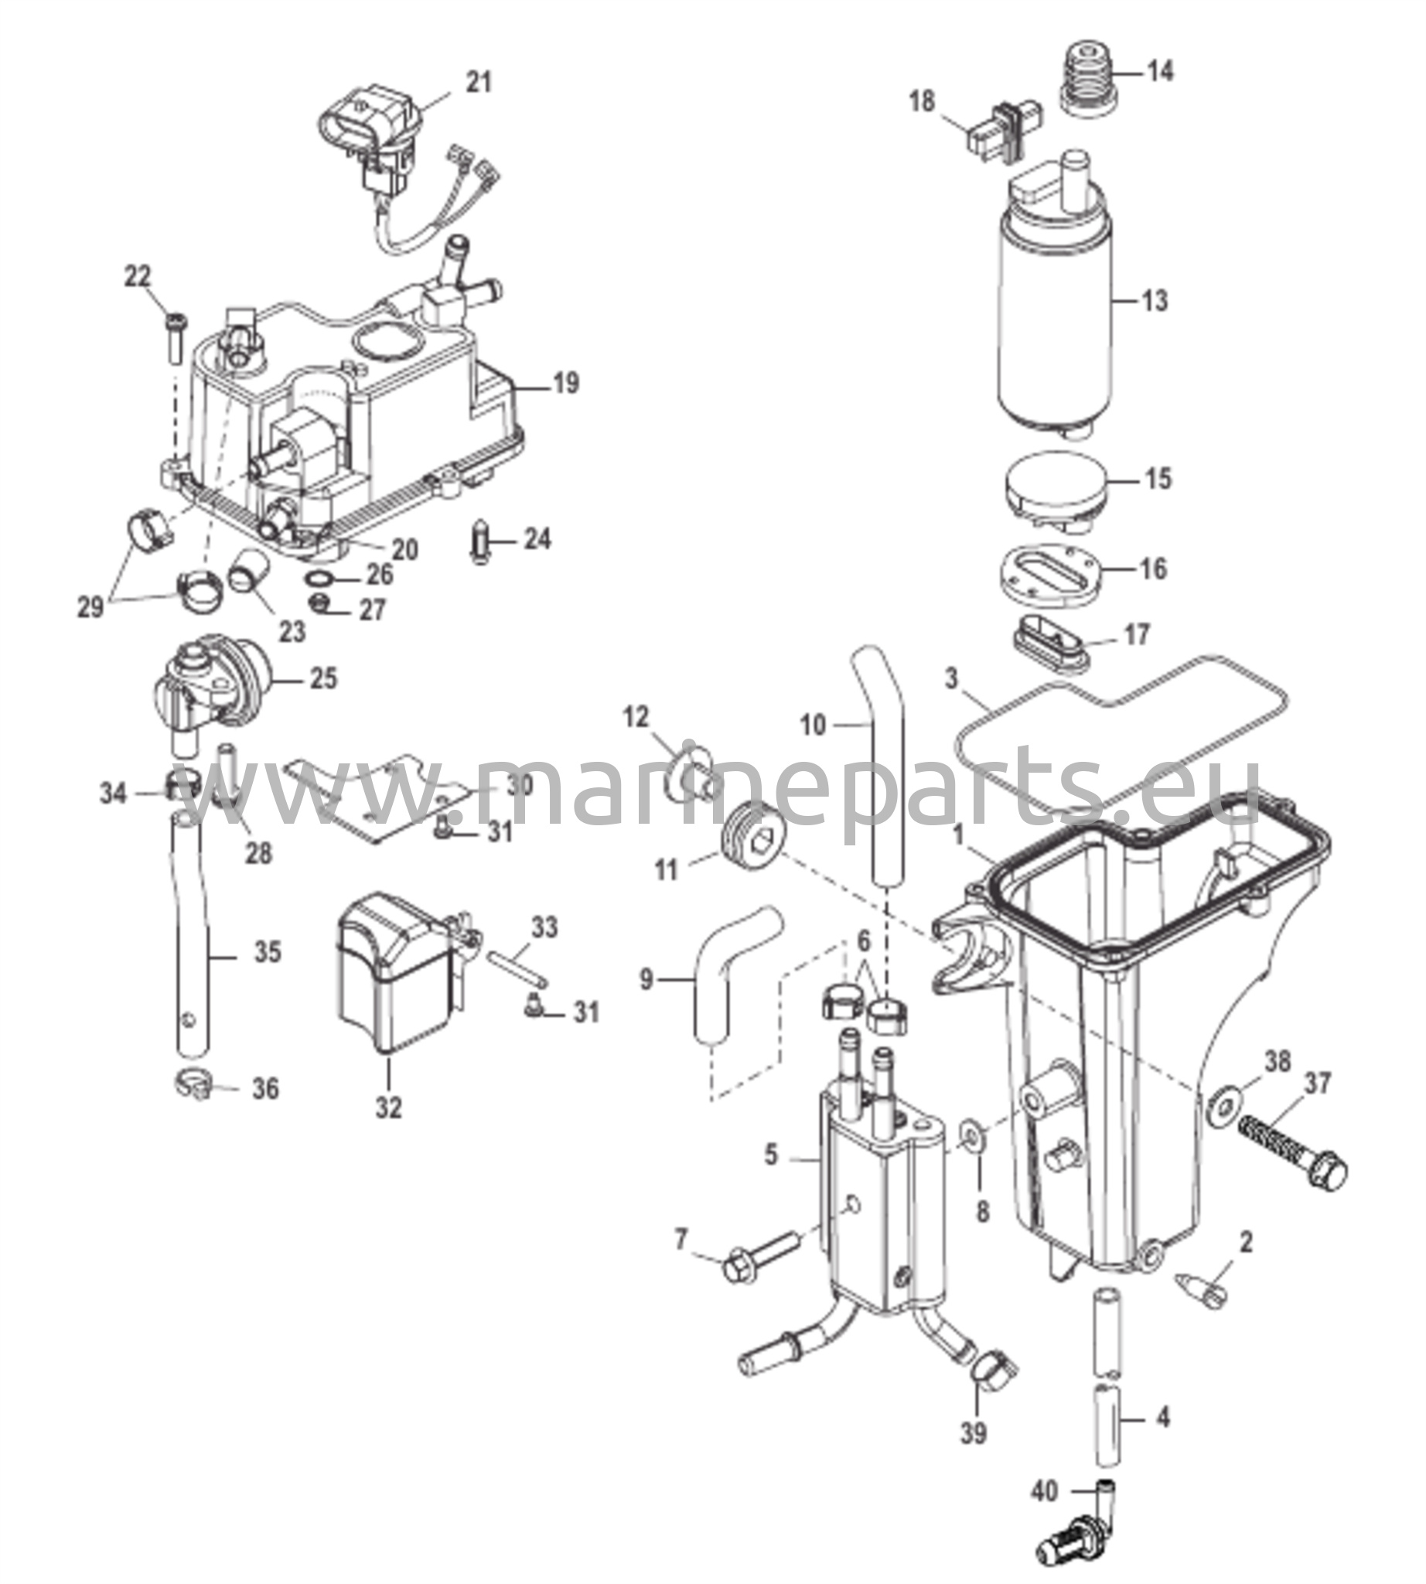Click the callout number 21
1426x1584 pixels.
point(479,82)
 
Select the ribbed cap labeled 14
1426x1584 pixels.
point(1088,79)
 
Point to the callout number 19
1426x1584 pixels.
point(565,384)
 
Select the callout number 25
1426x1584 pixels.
point(323,678)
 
